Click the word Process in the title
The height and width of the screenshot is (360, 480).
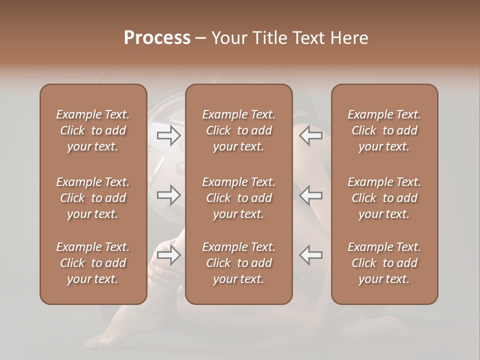pos(157,38)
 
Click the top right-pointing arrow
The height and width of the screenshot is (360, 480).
pos(169,135)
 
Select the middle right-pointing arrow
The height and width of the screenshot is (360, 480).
pos(169,195)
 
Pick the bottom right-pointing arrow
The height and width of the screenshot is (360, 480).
pos(169,255)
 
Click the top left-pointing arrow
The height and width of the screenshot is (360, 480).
pos(310,135)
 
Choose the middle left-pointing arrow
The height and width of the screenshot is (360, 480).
pos(310,195)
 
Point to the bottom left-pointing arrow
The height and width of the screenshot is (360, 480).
pos(310,255)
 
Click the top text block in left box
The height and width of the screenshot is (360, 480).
pos(93,130)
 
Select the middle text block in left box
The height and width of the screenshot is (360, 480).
pos(93,198)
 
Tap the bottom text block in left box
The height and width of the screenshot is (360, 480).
pos(93,263)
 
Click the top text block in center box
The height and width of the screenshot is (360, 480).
pos(239,130)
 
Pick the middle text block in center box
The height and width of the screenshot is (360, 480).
pos(239,198)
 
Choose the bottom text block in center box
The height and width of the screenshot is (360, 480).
pos(239,263)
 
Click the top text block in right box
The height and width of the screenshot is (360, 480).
pos(384,130)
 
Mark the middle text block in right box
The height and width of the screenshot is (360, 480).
pos(384,198)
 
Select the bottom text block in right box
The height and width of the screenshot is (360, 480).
pos(384,263)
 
